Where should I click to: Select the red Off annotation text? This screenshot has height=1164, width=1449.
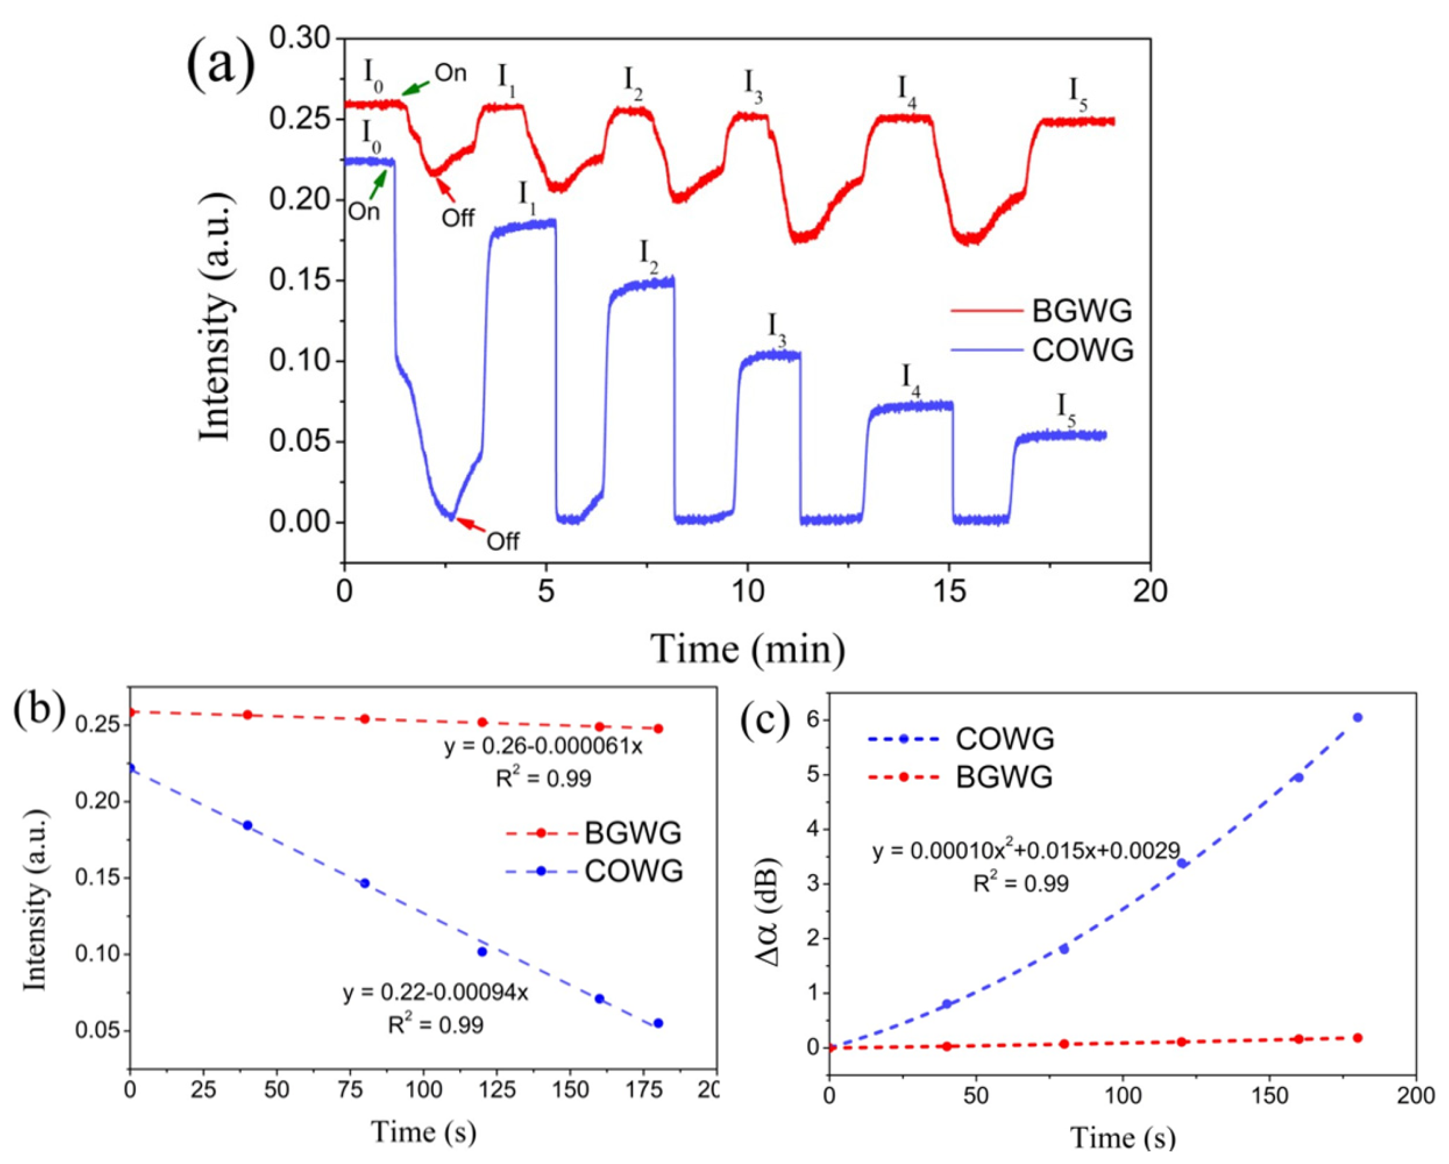(458, 217)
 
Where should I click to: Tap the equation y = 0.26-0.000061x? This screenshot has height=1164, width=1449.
(543, 747)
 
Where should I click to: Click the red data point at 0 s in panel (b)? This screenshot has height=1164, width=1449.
(132, 712)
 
